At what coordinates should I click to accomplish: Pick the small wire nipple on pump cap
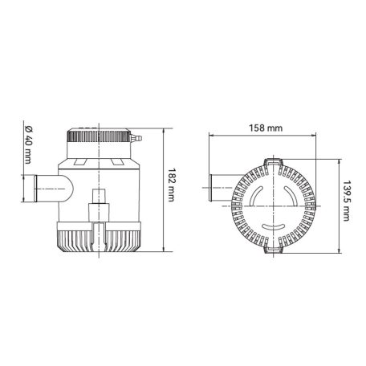tap(137, 140)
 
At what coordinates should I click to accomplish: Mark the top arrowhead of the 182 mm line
tap(164, 129)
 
